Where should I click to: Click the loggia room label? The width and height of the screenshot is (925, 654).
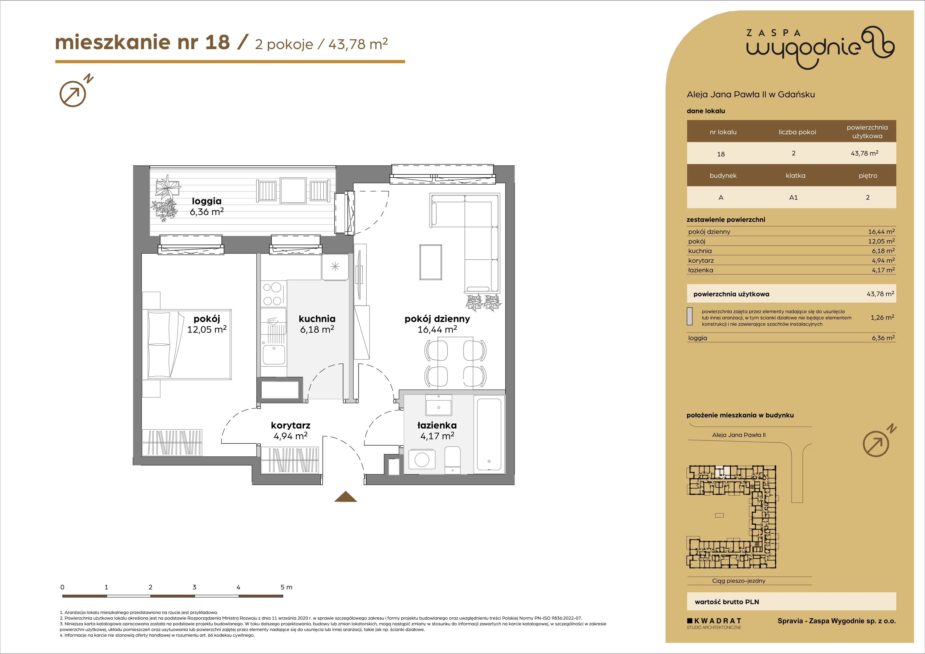[x=207, y=201]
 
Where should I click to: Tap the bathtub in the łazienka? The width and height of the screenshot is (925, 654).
[x=489, y=435]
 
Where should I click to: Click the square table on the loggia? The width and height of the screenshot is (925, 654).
[x=294, y=191]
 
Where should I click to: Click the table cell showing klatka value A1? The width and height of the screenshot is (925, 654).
[x=793, y=197]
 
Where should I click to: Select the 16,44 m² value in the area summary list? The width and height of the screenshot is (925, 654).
[x=881, y=232]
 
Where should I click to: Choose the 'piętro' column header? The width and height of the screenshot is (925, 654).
[x=868, y=176]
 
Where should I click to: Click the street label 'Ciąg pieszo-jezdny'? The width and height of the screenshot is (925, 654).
[x=739, y=581]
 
